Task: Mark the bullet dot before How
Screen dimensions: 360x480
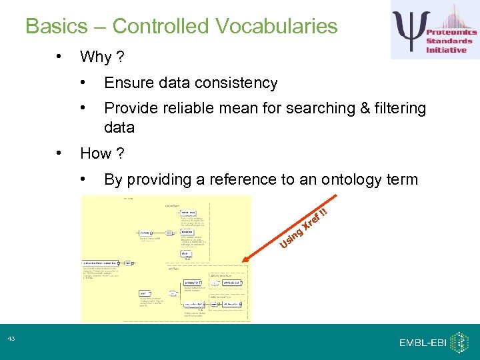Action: click(60, 153)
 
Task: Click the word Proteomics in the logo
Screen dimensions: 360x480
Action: click(451, 32)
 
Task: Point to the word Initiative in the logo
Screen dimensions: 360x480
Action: click(446, 50)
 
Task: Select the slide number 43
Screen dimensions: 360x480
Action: click(11, 339)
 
